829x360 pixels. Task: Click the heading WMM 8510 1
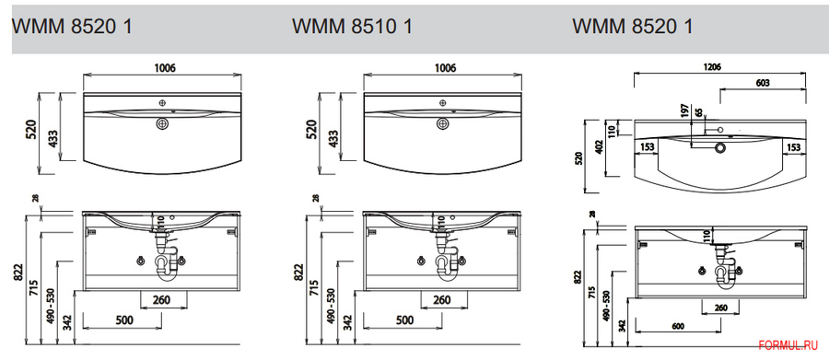pyautogui.click(x=352, y=27)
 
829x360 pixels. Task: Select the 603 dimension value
pyautogui.click(x=763, y=83)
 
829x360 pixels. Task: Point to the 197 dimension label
pyautogui.click(x=685, y=111)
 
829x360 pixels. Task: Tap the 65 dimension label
pyautogui.click(x=699, y=112)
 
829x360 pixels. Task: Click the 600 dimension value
pyautogui.click(x=677, y=326)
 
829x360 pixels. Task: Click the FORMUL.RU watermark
pyautogui.click(x=788, y=345)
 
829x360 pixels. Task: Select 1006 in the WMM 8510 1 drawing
pyautogui.click(x=445, y=67)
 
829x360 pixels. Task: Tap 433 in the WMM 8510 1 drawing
pyautogui.click(x=334, y=138)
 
